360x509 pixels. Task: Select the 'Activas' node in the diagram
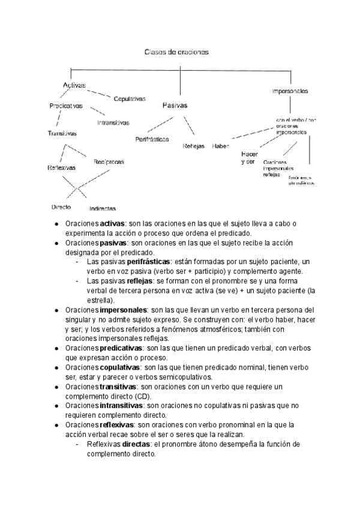point(74,85)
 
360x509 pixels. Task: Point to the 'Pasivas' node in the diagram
point(175,105)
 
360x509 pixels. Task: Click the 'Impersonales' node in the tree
point(290,91)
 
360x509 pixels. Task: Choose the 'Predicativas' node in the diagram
point(66,106)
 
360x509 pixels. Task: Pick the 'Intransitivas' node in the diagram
point(113,123)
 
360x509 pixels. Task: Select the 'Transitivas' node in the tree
point(62,133)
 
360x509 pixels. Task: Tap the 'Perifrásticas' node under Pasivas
point(152,139)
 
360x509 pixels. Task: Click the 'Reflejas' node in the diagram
point(193,146)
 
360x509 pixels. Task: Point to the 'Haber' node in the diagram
point(220,146)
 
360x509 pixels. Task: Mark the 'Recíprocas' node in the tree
point(109,161)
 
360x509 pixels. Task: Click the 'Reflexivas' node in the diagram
point(61,168)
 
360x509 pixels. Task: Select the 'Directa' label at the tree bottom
point(61,206)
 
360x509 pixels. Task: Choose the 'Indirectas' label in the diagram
point(103,208)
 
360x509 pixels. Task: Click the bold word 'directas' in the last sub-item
point(136,444)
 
